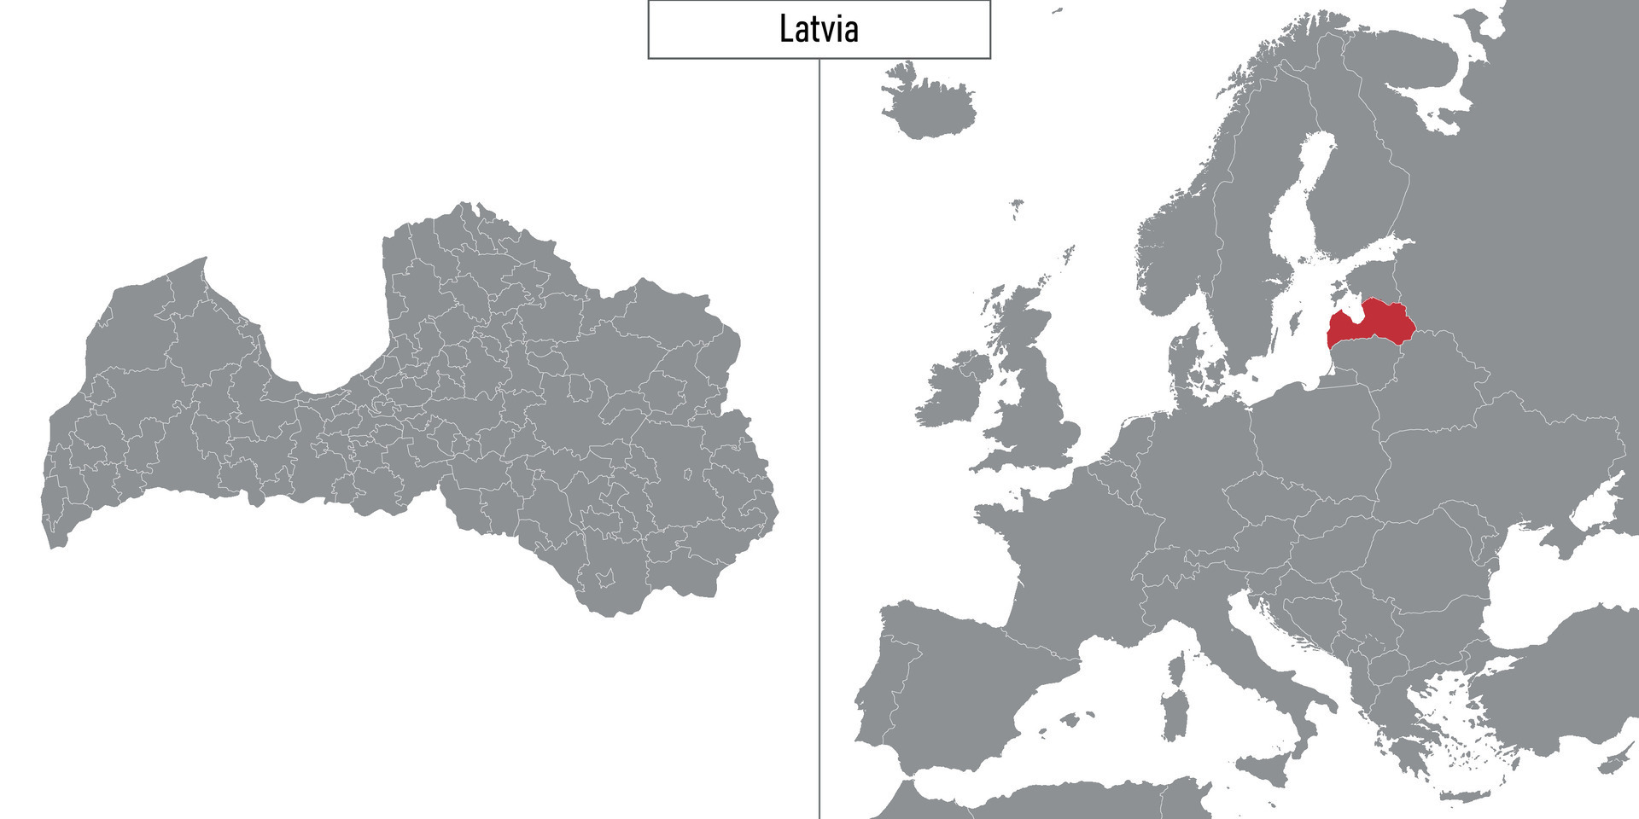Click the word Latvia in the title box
click(819, 29)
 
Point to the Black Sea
click(1537, 589)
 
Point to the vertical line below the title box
click(819, 427)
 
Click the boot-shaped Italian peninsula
click(1255, 657)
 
